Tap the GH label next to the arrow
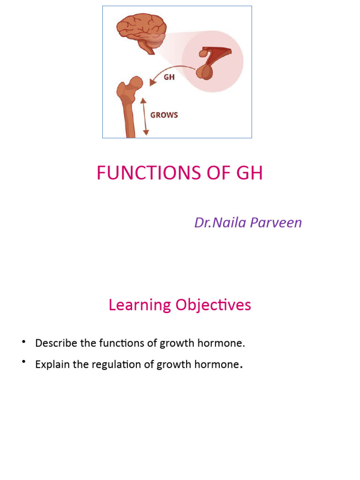[x=169, y=77]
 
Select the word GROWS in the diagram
[x=164, y=115]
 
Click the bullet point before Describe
[x=23, y=342]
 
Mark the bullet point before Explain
[x=23, y=364]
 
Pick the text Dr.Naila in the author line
[x=220, y=223]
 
